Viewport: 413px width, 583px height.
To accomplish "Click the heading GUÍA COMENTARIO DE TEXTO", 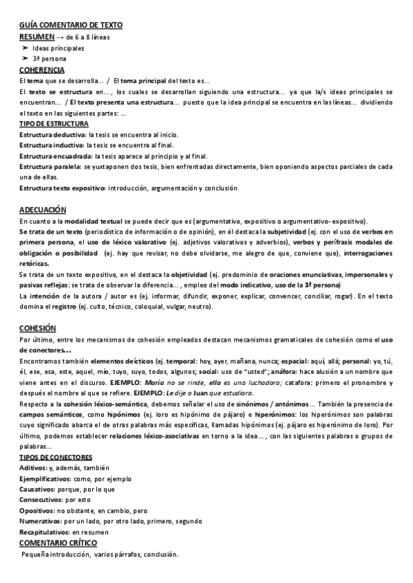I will pos(71,25).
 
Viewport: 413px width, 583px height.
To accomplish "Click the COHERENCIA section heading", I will pos(43,70).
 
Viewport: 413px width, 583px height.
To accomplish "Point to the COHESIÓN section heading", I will pos(38,309).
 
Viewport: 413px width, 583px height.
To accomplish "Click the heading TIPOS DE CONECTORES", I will pos(56,457).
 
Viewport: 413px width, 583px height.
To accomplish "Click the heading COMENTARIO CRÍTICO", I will pos(58,543).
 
